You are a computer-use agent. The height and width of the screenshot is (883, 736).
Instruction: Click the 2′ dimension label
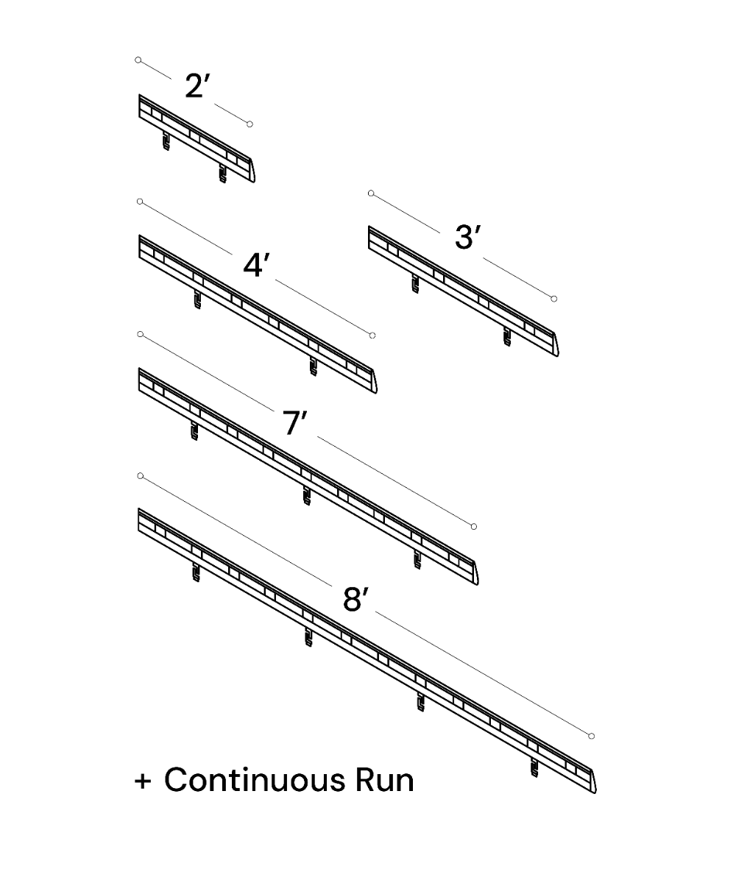point(197,86)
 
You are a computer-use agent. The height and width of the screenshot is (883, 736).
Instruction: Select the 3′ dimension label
point(467,237)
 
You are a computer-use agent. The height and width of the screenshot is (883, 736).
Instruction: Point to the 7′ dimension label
point(294,423)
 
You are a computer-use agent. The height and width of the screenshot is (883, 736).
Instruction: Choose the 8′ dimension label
point(355,599)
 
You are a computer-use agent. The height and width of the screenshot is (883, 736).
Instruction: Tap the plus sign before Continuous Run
point(143,781)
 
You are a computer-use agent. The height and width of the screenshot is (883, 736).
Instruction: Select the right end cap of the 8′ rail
point(592,781)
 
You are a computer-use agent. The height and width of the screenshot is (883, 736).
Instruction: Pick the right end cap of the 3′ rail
point(555,344)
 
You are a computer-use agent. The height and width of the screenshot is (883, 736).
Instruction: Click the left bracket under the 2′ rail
point(166,141)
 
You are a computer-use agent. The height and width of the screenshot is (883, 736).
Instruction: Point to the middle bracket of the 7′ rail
point(307,496)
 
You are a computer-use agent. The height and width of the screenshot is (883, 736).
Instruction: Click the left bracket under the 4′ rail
point(197,299)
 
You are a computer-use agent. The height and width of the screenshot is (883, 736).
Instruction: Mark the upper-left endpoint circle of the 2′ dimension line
point(138,60)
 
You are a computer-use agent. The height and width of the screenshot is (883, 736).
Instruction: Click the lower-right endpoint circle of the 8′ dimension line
point(592,736)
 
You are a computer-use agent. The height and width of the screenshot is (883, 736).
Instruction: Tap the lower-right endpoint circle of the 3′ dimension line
point(554,299)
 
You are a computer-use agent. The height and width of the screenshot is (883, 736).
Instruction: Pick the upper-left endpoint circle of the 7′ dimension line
point(141,334)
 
